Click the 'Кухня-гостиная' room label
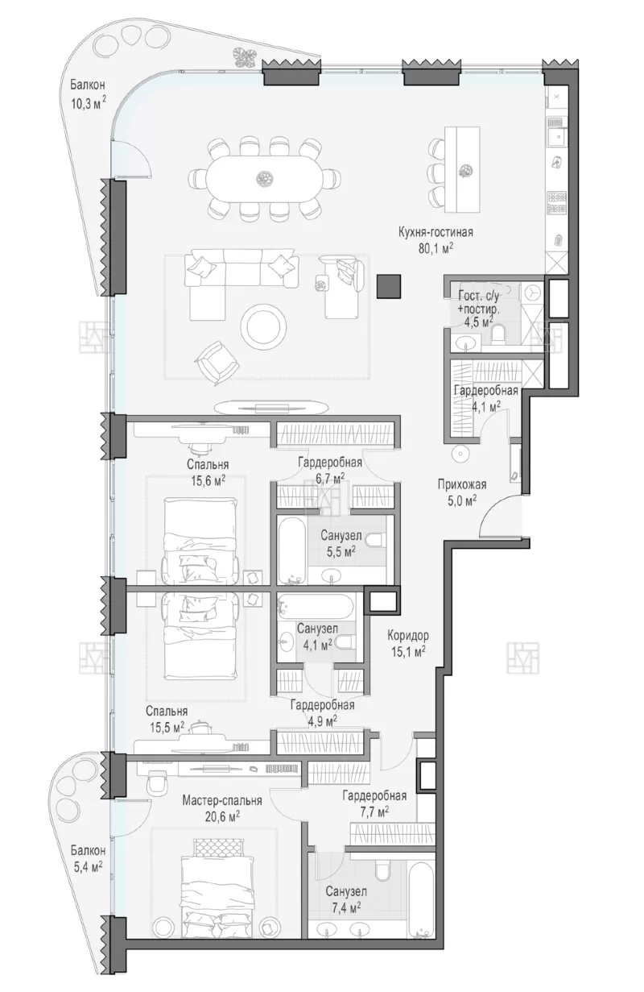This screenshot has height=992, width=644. [x=436, y=232]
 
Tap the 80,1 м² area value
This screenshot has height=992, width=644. [x=436, y=248]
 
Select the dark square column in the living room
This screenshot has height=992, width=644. [x=389, y=286]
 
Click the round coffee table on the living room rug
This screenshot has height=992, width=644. [x=262, y=328]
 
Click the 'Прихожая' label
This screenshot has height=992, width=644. [x=462, y=484]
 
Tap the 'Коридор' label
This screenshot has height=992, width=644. [x=408, y=636]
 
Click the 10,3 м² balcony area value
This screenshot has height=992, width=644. [x=89, y=104]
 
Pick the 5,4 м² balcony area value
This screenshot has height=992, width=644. [x=87, y=866]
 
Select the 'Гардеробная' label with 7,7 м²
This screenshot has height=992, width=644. [x=374, y=796]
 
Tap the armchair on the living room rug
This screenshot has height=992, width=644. [x=217, y=363]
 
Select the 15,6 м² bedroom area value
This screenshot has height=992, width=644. [x=208, y=481]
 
